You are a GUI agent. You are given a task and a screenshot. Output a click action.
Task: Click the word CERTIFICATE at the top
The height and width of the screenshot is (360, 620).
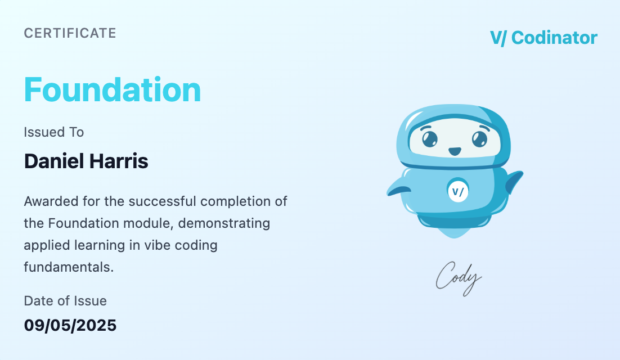pos(70,33)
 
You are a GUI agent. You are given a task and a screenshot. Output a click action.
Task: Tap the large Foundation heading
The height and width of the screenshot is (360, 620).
pos(113,90)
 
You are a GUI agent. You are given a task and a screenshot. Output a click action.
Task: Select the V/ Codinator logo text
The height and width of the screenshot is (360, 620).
pos(543,38)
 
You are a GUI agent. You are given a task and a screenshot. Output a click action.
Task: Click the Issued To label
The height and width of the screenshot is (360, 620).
pos(53,132)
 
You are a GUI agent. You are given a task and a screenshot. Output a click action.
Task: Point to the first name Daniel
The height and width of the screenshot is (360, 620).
pos(54,161)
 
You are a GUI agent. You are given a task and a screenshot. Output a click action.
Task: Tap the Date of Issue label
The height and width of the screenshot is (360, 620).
pos(65,301)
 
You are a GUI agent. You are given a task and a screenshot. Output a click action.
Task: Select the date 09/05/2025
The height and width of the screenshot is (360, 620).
pos(70,325)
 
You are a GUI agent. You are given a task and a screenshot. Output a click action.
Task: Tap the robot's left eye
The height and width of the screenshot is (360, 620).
pos(430,138)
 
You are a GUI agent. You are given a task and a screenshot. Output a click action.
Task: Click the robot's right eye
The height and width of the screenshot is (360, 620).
pos(479,138)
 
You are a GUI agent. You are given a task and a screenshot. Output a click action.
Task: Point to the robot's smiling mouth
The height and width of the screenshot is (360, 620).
pos(454,152)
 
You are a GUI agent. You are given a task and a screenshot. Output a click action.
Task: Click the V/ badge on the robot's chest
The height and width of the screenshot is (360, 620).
pos(458,191)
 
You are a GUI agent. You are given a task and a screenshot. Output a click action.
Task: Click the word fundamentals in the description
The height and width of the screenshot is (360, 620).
pos(69,267)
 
